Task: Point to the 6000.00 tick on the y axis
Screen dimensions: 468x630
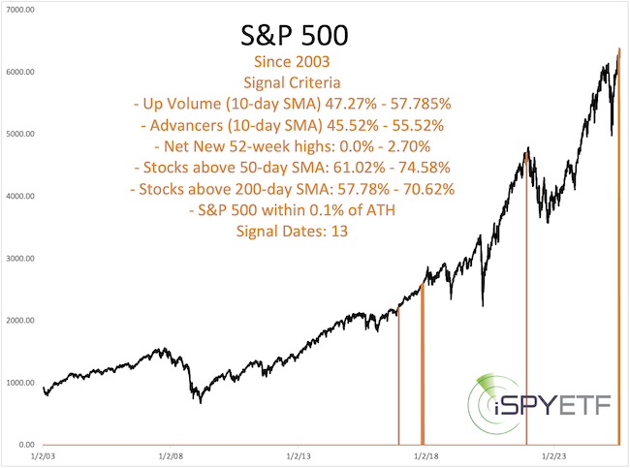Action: (x=21, y=72)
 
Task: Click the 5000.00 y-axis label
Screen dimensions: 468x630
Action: (x=21, y=134)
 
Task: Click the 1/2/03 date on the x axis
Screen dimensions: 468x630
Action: (x=42, y=453)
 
